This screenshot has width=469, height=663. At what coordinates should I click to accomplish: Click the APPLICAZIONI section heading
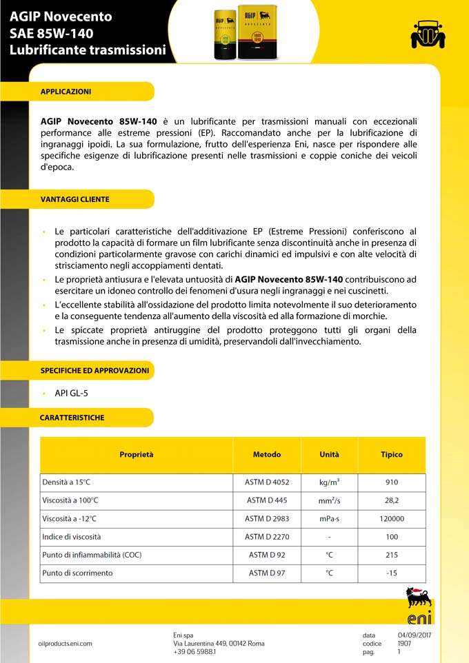click(66, 92)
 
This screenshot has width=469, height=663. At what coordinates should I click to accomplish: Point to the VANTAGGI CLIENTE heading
click(75, 199)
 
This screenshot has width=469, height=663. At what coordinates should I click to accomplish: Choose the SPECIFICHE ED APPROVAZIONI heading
click(95, 370)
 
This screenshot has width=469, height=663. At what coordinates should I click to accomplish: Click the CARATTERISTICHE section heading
click(72, 418)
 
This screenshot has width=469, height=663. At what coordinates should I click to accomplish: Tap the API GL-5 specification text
click(72, 394)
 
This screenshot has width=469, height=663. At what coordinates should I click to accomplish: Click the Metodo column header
click(267, 455)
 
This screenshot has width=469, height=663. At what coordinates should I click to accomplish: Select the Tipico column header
click(392, 455)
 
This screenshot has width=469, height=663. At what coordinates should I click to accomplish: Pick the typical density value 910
click(392, 482)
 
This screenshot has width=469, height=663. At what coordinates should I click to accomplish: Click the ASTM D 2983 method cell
click(267, 519)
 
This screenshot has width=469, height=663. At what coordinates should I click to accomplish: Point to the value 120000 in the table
click(392, 519)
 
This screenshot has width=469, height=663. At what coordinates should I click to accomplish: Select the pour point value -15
click(392, 573)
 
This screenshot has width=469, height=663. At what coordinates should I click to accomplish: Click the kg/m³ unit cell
click(329, 482)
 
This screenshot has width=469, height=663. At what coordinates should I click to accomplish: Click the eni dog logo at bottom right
click(419, 604)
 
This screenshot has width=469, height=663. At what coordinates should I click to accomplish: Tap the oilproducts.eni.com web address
click(66, 644)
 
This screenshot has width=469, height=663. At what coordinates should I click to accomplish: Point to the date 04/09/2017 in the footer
click(414, 635)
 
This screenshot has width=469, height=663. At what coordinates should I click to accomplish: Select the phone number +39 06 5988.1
click(194, 652)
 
